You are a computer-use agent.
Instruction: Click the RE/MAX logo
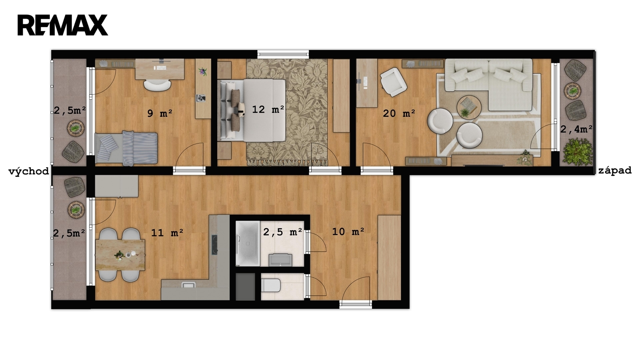pyautogui.click(x=62, y=25)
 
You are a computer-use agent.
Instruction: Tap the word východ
pyautogui.click(x=28, y=172)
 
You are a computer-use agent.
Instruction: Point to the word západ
pyautogui.click(x=615, y=170)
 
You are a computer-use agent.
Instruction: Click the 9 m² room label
pyautogui.click(x=160, y=114)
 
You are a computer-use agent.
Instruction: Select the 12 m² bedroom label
pyautogui.click(x=268, y=109)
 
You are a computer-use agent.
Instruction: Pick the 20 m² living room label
pyautogui.click(x=399, y=114)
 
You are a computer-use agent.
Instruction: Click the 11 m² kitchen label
pyautogui.click(x=167, y=232)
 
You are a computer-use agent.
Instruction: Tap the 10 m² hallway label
pyautogui.click(x=348, y=231)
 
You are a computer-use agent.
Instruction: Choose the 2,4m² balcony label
pyautogui.click(x=576, y=129)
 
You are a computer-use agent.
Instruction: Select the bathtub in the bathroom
pyautogui.click(x=248, y=244)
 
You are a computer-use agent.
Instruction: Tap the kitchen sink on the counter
pyautogui.click(x=188, y=284)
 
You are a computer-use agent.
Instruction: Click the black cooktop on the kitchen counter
pyautogui.click(x=214, y=245)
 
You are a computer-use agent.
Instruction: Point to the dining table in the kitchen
pyautogui.click(x=120, y=255)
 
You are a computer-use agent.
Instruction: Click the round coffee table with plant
pyautogui.click(x=469, y=107)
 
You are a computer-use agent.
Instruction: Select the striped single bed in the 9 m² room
pyautogui.click(x=126, y=148)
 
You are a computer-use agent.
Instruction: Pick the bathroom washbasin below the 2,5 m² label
pyautogui.click(x=280, y=260)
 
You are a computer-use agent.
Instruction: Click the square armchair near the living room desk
pyautogui.click(x=393, y=82)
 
